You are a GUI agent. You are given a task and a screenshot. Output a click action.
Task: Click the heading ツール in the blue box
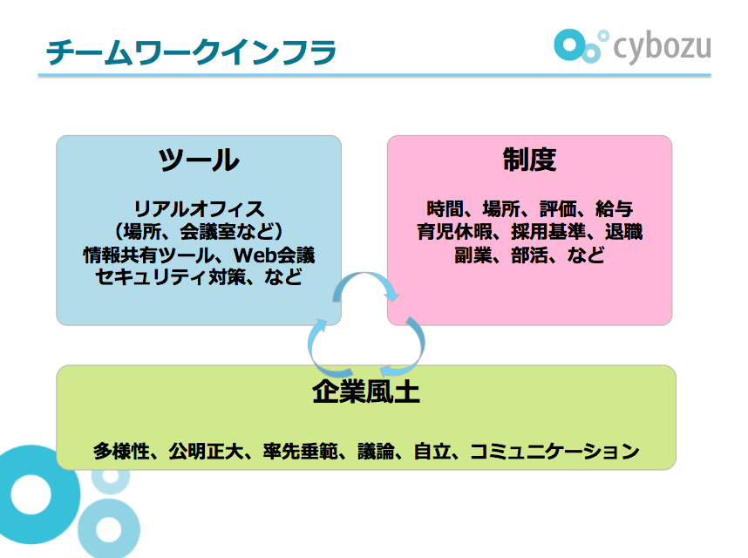pos(198,160)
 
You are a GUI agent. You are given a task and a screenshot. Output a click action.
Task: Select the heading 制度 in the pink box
pos(529,160)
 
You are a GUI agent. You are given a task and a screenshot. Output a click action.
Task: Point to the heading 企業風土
pos(366,393)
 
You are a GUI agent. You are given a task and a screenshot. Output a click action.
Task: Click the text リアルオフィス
pos(198,209)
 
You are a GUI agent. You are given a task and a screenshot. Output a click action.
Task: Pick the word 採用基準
pos(543,233)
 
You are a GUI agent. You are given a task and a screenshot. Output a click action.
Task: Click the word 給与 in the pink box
pos(614,209)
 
